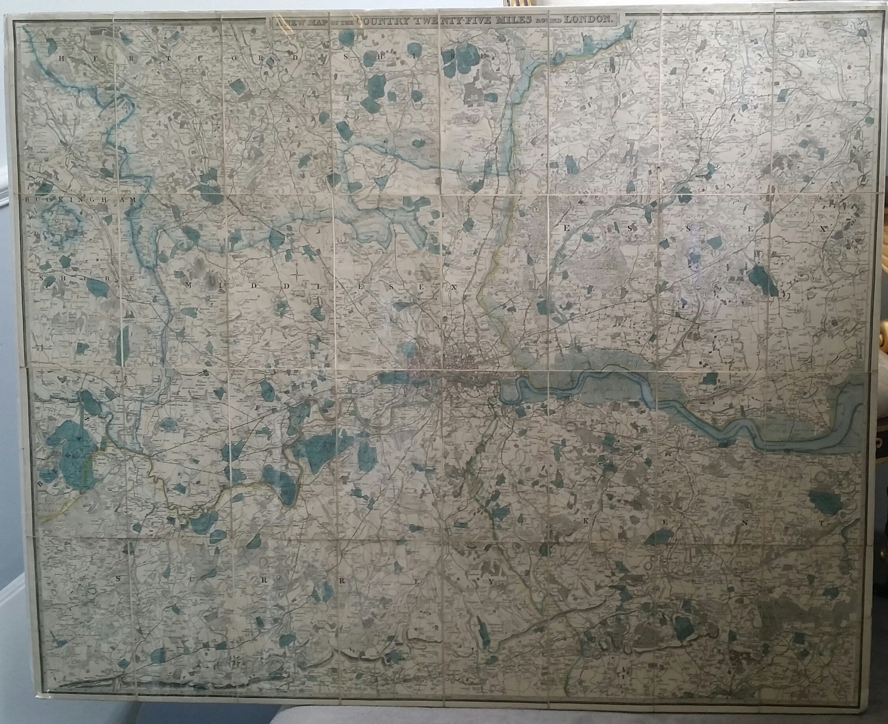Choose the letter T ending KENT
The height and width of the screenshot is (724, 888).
pos(820,524)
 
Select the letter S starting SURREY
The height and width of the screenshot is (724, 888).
pos(117,578)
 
